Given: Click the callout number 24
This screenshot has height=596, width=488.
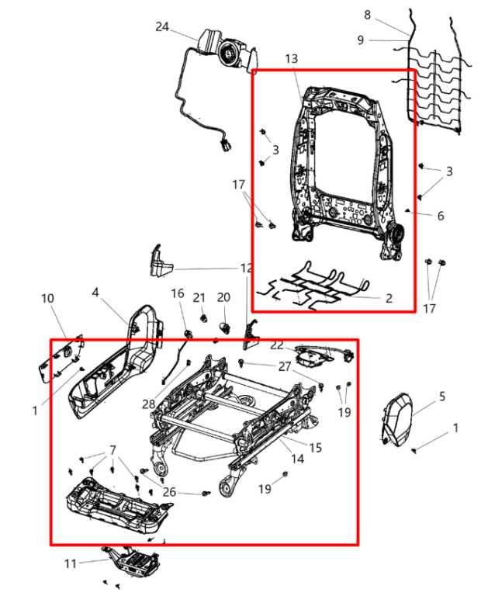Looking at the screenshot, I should point(161,26).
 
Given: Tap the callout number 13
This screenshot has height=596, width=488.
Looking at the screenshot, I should point(291,59).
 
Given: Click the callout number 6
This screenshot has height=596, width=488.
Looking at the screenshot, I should point(440,216).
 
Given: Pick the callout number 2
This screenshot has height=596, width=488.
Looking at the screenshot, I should point(389,298).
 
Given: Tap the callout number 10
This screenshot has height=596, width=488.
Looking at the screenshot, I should point(47,299).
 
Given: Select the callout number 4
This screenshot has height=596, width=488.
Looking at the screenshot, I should point(95,293).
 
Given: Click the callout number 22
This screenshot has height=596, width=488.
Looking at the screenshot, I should point(277,345).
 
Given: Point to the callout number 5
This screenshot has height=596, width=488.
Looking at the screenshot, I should point(441,397).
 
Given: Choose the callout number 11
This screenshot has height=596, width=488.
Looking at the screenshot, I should point(71,563).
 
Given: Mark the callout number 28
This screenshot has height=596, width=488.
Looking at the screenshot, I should point(148,404).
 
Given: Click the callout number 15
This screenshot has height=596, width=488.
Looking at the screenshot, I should point(315,448).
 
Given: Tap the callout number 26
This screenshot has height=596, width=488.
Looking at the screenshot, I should point(169,491).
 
